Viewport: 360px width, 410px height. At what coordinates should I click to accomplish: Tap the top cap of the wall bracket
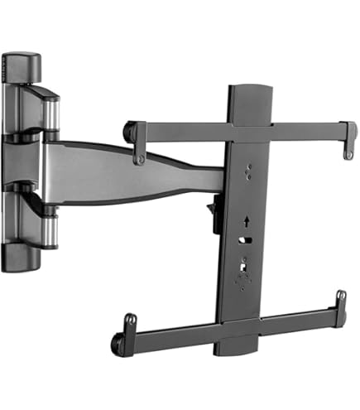point(21,66)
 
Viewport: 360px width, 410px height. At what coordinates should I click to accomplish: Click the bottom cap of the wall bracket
point(20,258)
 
